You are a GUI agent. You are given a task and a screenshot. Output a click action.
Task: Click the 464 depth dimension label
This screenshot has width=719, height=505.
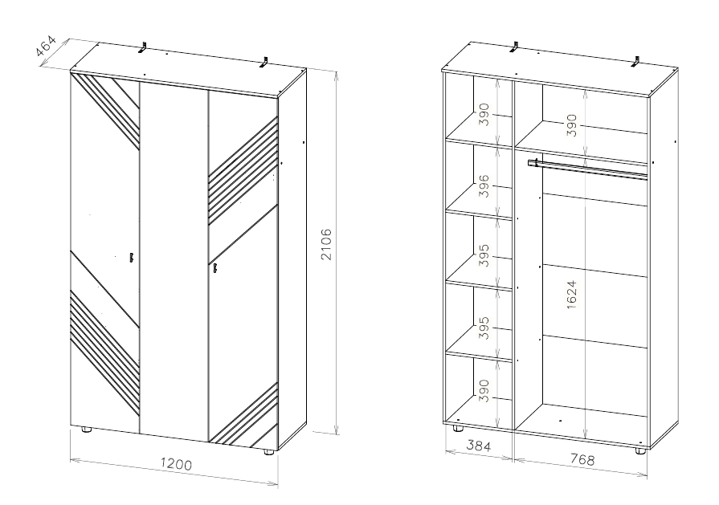(46, 47)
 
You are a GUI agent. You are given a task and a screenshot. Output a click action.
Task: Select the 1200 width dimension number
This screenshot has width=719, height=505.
(176, 464)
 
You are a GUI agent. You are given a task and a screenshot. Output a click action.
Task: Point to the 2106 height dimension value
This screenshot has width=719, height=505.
(326, 244)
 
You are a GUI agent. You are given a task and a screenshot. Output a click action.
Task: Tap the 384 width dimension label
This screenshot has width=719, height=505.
(478, 445)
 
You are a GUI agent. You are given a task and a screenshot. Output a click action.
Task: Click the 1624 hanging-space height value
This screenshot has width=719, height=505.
(571, 295)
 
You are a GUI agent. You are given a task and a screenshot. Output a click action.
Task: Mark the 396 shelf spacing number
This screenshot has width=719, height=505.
(484, 186)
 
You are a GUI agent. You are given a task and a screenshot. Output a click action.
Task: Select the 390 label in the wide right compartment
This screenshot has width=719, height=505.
(571, 125)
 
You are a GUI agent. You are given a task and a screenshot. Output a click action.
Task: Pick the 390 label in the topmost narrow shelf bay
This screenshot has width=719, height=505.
(484, 115)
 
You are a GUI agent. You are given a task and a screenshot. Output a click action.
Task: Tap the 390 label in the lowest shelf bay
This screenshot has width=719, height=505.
(484, 390)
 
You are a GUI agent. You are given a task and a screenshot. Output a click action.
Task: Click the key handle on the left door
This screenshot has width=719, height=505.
(131, 258)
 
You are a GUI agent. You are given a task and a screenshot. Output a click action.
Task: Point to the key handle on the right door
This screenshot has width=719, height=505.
(214, 269)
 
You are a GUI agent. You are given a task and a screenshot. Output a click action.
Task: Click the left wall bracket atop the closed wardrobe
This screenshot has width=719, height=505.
(144, 47)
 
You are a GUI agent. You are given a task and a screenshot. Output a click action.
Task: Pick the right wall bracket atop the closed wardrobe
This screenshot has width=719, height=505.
(264, 63)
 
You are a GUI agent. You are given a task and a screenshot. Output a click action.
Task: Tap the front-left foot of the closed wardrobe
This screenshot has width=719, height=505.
(86, 430)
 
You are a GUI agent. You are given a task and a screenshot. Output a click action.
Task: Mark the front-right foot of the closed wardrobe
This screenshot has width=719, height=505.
(268, 452)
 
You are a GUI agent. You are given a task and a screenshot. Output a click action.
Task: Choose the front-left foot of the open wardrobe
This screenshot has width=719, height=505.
(457, 429)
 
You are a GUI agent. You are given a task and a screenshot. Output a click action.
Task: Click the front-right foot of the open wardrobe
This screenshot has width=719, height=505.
(639, 451)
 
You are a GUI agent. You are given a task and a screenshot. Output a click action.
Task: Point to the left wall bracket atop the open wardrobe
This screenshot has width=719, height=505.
(515, 47)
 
